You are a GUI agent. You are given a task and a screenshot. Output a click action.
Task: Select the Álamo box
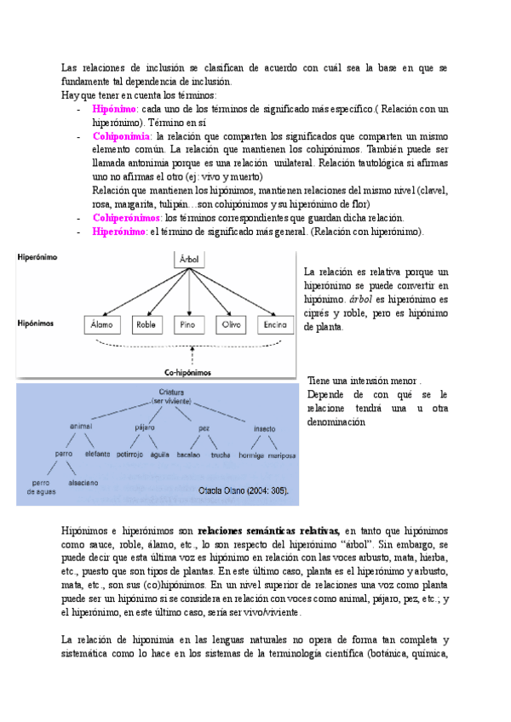pyautogui.click(x=100, y=325)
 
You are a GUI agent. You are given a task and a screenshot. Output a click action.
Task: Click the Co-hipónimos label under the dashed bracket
pyautogui.click(x=187, y=373)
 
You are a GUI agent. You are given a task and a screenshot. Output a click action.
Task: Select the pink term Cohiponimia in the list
pyautogui.click(x=122, y=135)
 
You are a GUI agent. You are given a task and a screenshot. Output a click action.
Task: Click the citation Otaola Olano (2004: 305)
pyautogui.click(x=243, y=491)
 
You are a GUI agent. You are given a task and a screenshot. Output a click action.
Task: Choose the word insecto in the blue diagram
pyautogui.click(x=265, y=428)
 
